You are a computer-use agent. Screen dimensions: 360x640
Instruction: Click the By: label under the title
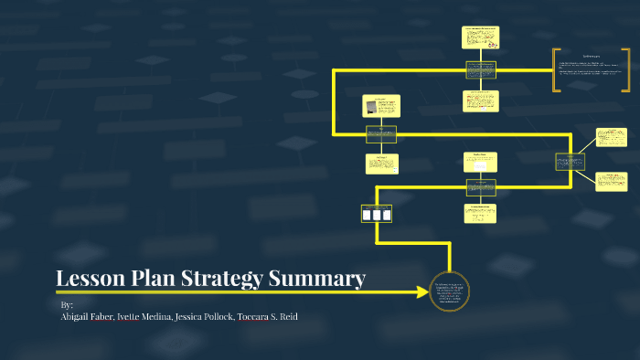[x=66, y=304]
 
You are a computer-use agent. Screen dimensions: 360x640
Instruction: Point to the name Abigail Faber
[x=90, y=316]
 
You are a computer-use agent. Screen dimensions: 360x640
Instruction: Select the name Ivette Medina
[x=147, y=316]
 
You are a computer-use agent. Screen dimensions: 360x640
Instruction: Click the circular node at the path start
[x=449, y=292]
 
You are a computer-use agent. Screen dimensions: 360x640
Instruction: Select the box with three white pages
[x=377, y=214]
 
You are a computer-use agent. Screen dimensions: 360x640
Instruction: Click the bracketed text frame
[x=591, y=70]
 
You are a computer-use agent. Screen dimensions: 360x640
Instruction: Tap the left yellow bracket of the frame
[x=554, y=70]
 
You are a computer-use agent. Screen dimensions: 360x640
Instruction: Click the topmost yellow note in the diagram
[x=480, y=37]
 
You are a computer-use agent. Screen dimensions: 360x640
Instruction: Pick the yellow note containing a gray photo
[x=380, y=105]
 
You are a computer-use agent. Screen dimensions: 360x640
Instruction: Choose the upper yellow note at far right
[x=612, y=137]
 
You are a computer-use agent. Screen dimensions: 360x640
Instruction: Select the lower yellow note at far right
[x=612, y=181]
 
